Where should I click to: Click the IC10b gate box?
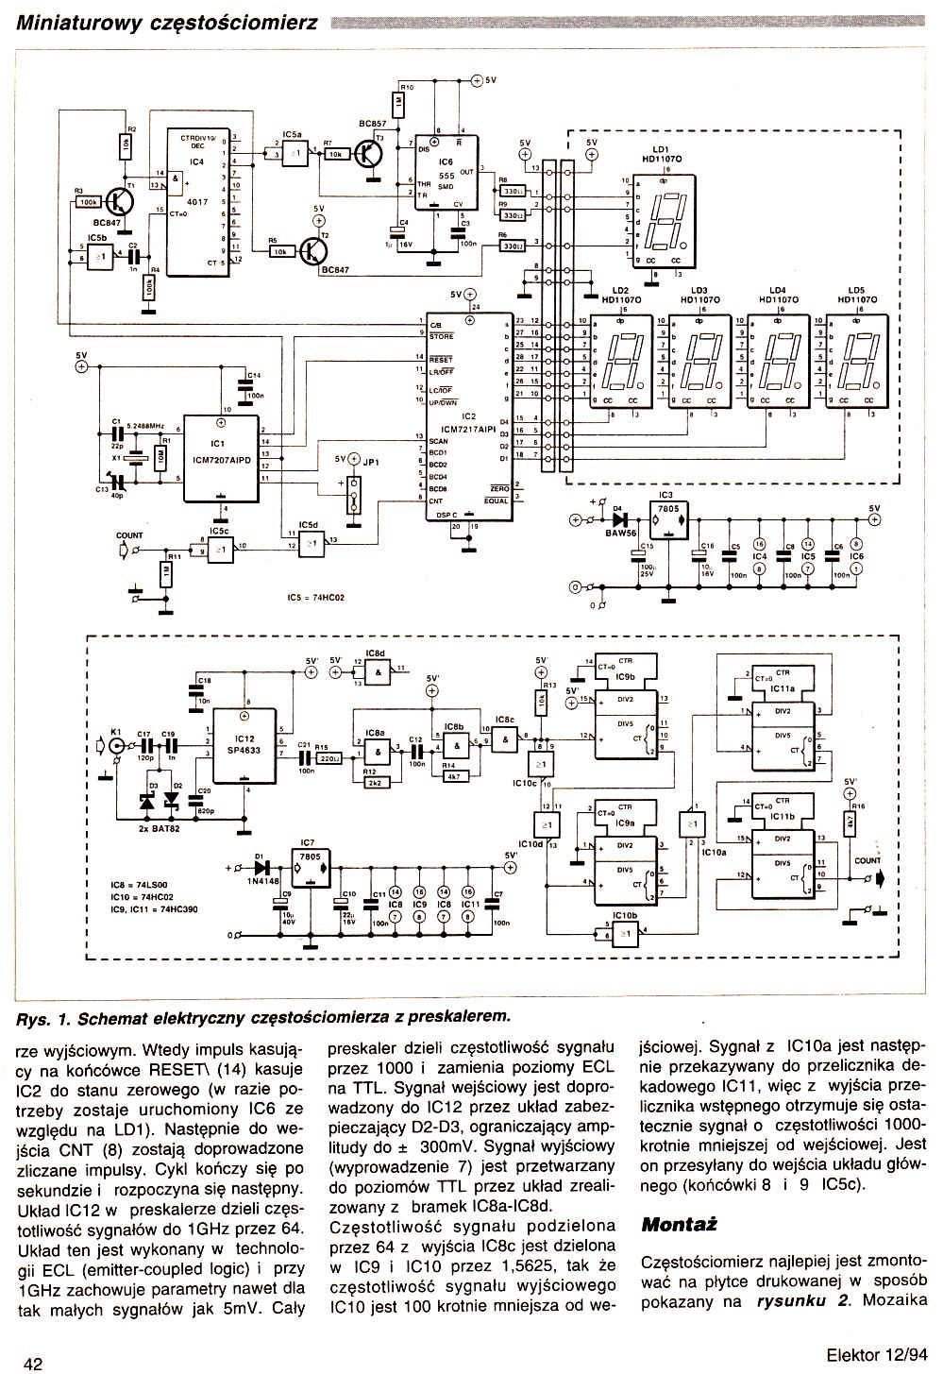pos(623,932)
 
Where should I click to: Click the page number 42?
pos(32,1363)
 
